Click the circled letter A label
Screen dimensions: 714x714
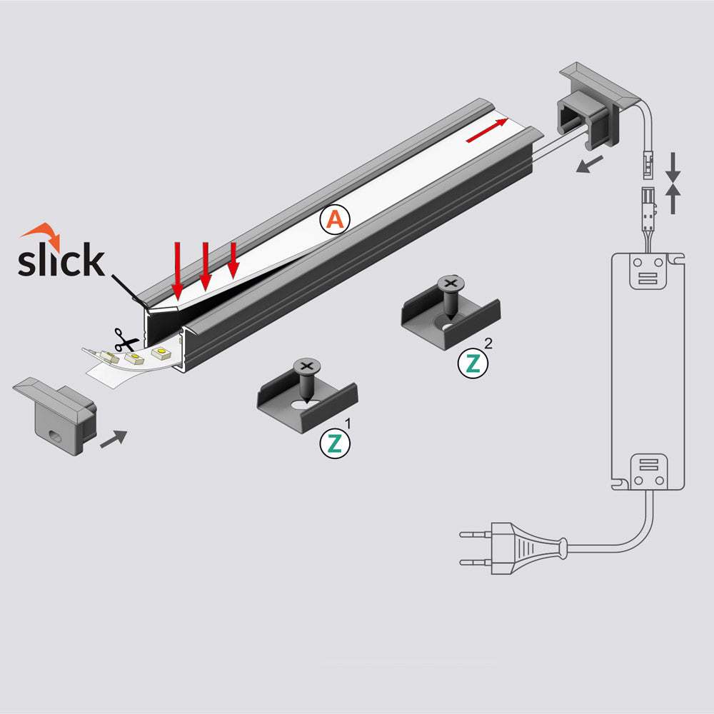(x=335, y=219)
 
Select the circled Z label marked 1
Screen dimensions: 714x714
(x=335, y=443)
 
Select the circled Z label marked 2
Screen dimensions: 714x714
(x=473, y=363)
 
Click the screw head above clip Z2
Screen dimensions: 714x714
(x=451, y=283)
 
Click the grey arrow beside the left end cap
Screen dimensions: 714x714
(x=114, y=438)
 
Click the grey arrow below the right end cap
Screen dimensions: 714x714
(x=589, y=164)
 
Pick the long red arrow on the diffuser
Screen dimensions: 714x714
(x=487, y=130)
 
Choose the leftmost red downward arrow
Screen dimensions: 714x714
(x=177, y=271)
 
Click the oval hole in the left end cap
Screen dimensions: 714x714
(x=56, y=436)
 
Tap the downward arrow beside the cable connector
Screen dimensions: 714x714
(x=673, y=168)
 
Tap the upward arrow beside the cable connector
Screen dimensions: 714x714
(x=673, y=199)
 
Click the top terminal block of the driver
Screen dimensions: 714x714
(x=648, y=271)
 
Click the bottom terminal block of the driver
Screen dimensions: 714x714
(x=648, y=472)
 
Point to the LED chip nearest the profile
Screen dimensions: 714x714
(x=161, y=353)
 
